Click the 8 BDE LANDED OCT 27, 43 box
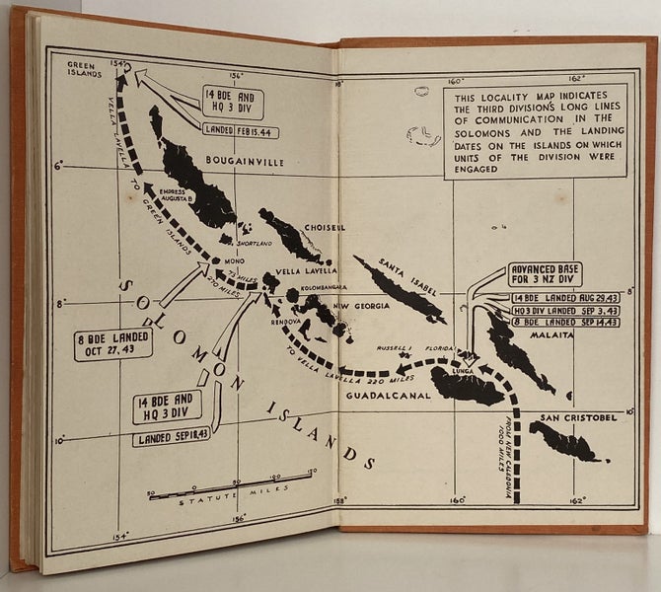112,344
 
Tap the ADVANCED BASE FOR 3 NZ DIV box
545,274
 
